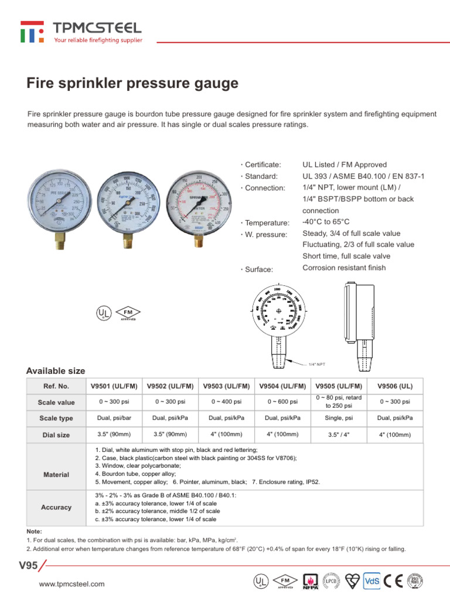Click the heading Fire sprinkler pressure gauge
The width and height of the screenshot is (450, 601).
pos(132,84)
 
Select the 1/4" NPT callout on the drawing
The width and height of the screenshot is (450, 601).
pos(317,364)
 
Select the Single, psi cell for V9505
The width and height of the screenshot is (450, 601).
pos(339,418)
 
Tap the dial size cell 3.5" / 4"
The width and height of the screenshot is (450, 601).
pos(339,435)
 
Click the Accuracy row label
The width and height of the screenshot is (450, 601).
pos(56,507)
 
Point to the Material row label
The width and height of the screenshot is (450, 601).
pos(56,474)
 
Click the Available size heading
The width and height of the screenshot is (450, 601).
pos(56,371)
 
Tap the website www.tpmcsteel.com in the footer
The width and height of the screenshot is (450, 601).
pos(71,583)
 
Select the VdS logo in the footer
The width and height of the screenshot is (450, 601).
pos(372,581)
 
